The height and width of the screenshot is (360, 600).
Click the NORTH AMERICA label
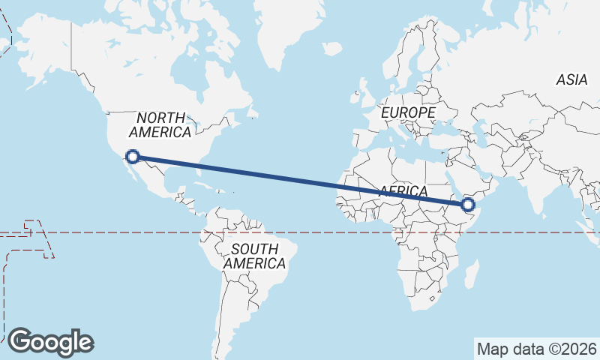(x=160, y=125)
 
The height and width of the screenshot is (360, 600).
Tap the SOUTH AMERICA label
(x=254, y=256)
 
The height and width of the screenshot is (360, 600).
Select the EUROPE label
(x=408, y=112)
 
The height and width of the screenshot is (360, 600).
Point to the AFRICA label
(x=403, y=191)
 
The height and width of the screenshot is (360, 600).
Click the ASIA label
(x=571, y=80)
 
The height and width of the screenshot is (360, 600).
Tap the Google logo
(x=50, y=342)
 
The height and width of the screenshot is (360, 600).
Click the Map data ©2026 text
(x=537, y=349)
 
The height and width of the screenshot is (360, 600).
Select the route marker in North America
(x=133, y=157)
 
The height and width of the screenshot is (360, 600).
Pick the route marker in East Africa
(x=469, y=205)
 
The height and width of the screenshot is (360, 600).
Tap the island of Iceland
(x=331, y=49)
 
